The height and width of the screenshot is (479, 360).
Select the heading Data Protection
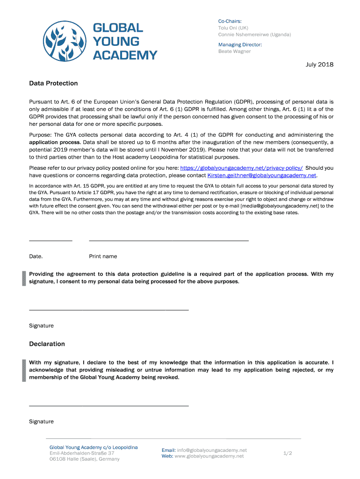pyautogui.click(x=53, y=83)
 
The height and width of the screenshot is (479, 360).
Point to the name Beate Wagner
pyautogui.click(x=235, y=51)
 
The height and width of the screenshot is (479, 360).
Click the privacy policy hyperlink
pyautogui.click(x=241, y=168)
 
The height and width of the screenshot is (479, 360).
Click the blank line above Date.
pyautogui.click(x=50, y=240)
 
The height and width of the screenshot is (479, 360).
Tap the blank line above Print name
pyautogui.click(x=168, y=240)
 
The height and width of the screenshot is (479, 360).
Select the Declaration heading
pyautogui.click(x=47, y=344)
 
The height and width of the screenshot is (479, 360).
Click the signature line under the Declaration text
pyautogui.click(x=108, y=405)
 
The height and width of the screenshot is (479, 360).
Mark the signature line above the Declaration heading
pyautogui.click(x=108, y=310)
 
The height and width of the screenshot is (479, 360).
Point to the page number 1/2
pyautogui.click(x=288, y=453)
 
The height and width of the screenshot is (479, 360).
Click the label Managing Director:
pyautogui.click(x=240, y=44)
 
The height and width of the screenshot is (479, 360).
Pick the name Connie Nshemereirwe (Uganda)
pyautogui.click(x=254, y=35)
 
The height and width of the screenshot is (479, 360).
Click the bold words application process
pyautogui.click(x=55, y=142)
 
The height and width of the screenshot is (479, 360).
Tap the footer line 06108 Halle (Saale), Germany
pyautogui.click(x=85, y=459)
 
